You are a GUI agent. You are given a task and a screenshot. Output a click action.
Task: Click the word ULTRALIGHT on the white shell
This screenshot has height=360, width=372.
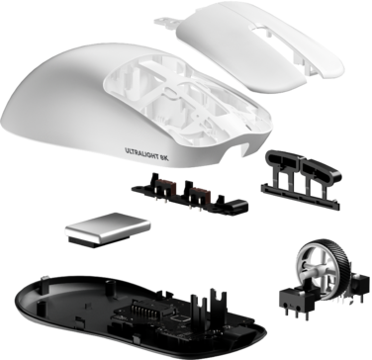pyautogui.click(x=141, y=153)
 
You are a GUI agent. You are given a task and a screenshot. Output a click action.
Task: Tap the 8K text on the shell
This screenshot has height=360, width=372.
pyautogui.click(x=164, y=157)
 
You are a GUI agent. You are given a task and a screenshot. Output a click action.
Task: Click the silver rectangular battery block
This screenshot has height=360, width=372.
pyautogui.click(x=108, y=228)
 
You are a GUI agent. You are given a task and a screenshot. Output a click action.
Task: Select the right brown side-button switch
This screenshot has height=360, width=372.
pyautogui.click(x=201, y=194)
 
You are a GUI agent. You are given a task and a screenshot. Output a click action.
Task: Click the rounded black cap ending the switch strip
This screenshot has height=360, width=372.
pyautogui.click(x=237, y=206)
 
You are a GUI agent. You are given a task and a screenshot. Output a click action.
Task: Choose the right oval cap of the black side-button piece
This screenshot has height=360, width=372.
pyautogui.click(x=321, y=171)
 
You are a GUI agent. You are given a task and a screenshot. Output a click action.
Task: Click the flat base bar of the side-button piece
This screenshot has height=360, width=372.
pyautogui.click(x=300, y=197)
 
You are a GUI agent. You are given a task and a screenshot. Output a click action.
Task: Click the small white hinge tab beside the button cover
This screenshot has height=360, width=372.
pyautogui.click(x=165, y=22)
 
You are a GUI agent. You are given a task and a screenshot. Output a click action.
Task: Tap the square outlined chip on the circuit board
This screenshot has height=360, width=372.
pyautogui.click(x=181, y=318)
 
